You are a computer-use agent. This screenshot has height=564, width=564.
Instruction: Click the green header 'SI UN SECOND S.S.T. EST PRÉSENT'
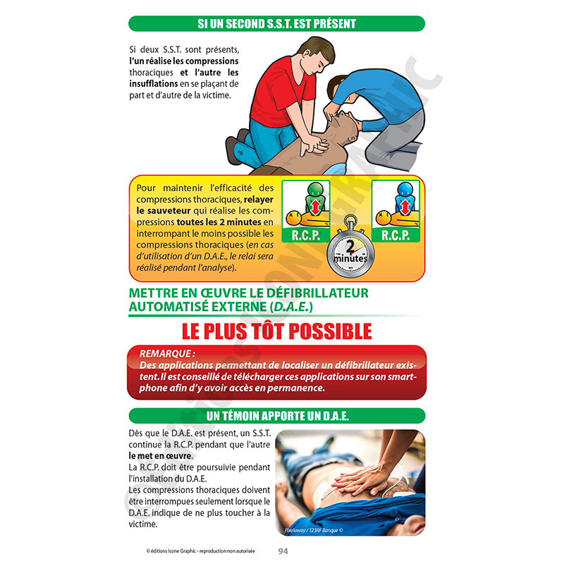tap(276, 24)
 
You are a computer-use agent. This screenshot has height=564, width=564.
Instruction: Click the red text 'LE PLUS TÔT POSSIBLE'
tap(276, 330)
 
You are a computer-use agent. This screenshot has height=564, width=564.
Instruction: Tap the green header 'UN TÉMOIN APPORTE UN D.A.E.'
tap(276, 415)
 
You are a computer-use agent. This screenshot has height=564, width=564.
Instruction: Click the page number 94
tap(283, 551)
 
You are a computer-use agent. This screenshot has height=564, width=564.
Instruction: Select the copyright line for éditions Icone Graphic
tap(196, 551)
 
